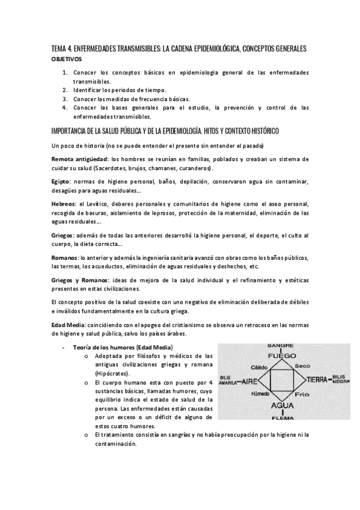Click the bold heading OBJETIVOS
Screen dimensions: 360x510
coord(67,60)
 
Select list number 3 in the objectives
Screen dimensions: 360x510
coord(65,99)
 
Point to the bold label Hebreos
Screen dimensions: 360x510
coord(64,204)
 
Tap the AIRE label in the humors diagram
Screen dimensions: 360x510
coord(246,381)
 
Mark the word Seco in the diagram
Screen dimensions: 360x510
coord(302,366)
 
